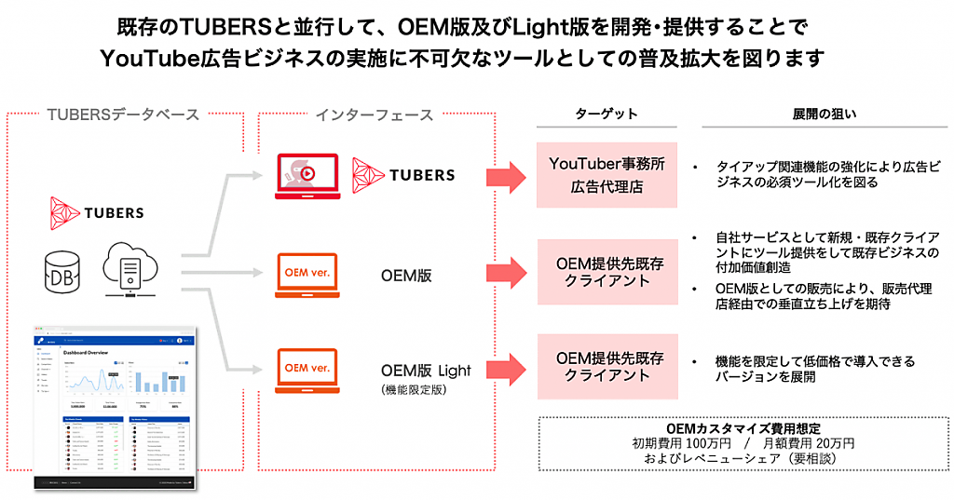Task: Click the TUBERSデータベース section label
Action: pos(123,115)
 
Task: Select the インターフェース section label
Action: pos(374,115)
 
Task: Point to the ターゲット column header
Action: pos(606,114)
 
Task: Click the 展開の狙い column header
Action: pos(825,114)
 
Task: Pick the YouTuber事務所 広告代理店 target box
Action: pos(606,174)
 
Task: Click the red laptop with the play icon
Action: pos(306,176)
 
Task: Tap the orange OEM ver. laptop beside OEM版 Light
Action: pos(306,371)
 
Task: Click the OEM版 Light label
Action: pos(426,370)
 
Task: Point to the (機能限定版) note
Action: pos(415,389)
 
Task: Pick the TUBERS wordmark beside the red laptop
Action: pos(402,174)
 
